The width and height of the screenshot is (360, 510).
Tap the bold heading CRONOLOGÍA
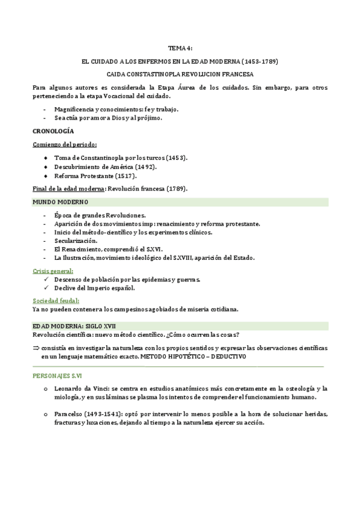pyautogui.click(x=53, y=131)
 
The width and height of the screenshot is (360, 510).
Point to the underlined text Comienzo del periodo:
pyautogui.click(x=64, y=145)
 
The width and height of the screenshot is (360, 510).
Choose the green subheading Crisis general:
pyautogui.click(x=53, y=271)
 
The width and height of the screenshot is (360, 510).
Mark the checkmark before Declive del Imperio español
pyautogui.click(x=47, y=288)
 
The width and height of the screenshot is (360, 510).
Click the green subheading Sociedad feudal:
pyautogui.click(x=56, y=300)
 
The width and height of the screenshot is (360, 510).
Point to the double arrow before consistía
pyautogui.click(x=36, y=349)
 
